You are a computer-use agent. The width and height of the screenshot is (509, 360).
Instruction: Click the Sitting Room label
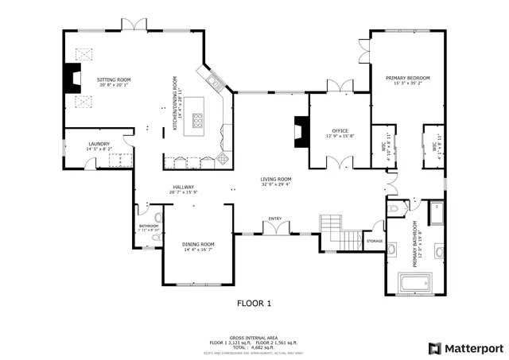click(x=114, y=80)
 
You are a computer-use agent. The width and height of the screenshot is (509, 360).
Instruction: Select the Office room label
click(x=340, y=131)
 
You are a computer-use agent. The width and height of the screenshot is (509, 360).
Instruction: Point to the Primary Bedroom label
click(x=407, y=78)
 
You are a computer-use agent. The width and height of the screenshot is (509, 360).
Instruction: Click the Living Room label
click(x=276, y=179)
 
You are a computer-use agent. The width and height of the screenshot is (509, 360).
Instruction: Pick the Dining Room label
click(x=198, y=244)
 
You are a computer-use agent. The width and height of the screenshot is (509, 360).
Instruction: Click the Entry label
click(x=275, y=219)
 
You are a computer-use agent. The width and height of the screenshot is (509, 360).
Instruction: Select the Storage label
click(x=375, y=240)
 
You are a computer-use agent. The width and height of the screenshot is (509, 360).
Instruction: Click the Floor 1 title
click(x=254, y=303)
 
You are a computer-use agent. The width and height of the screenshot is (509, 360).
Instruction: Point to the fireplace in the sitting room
click(x=74, y=77)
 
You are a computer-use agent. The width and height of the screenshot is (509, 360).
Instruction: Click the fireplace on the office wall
click(x=301, y=130)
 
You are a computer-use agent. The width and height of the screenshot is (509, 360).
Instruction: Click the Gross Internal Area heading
click(x=254, y=337)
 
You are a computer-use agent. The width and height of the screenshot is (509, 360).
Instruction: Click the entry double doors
click(x=275, y=229)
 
